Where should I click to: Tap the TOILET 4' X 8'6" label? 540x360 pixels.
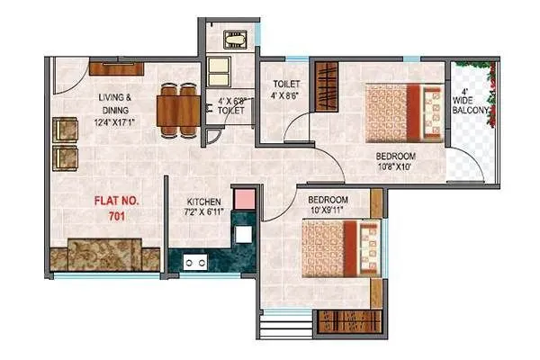287,90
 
